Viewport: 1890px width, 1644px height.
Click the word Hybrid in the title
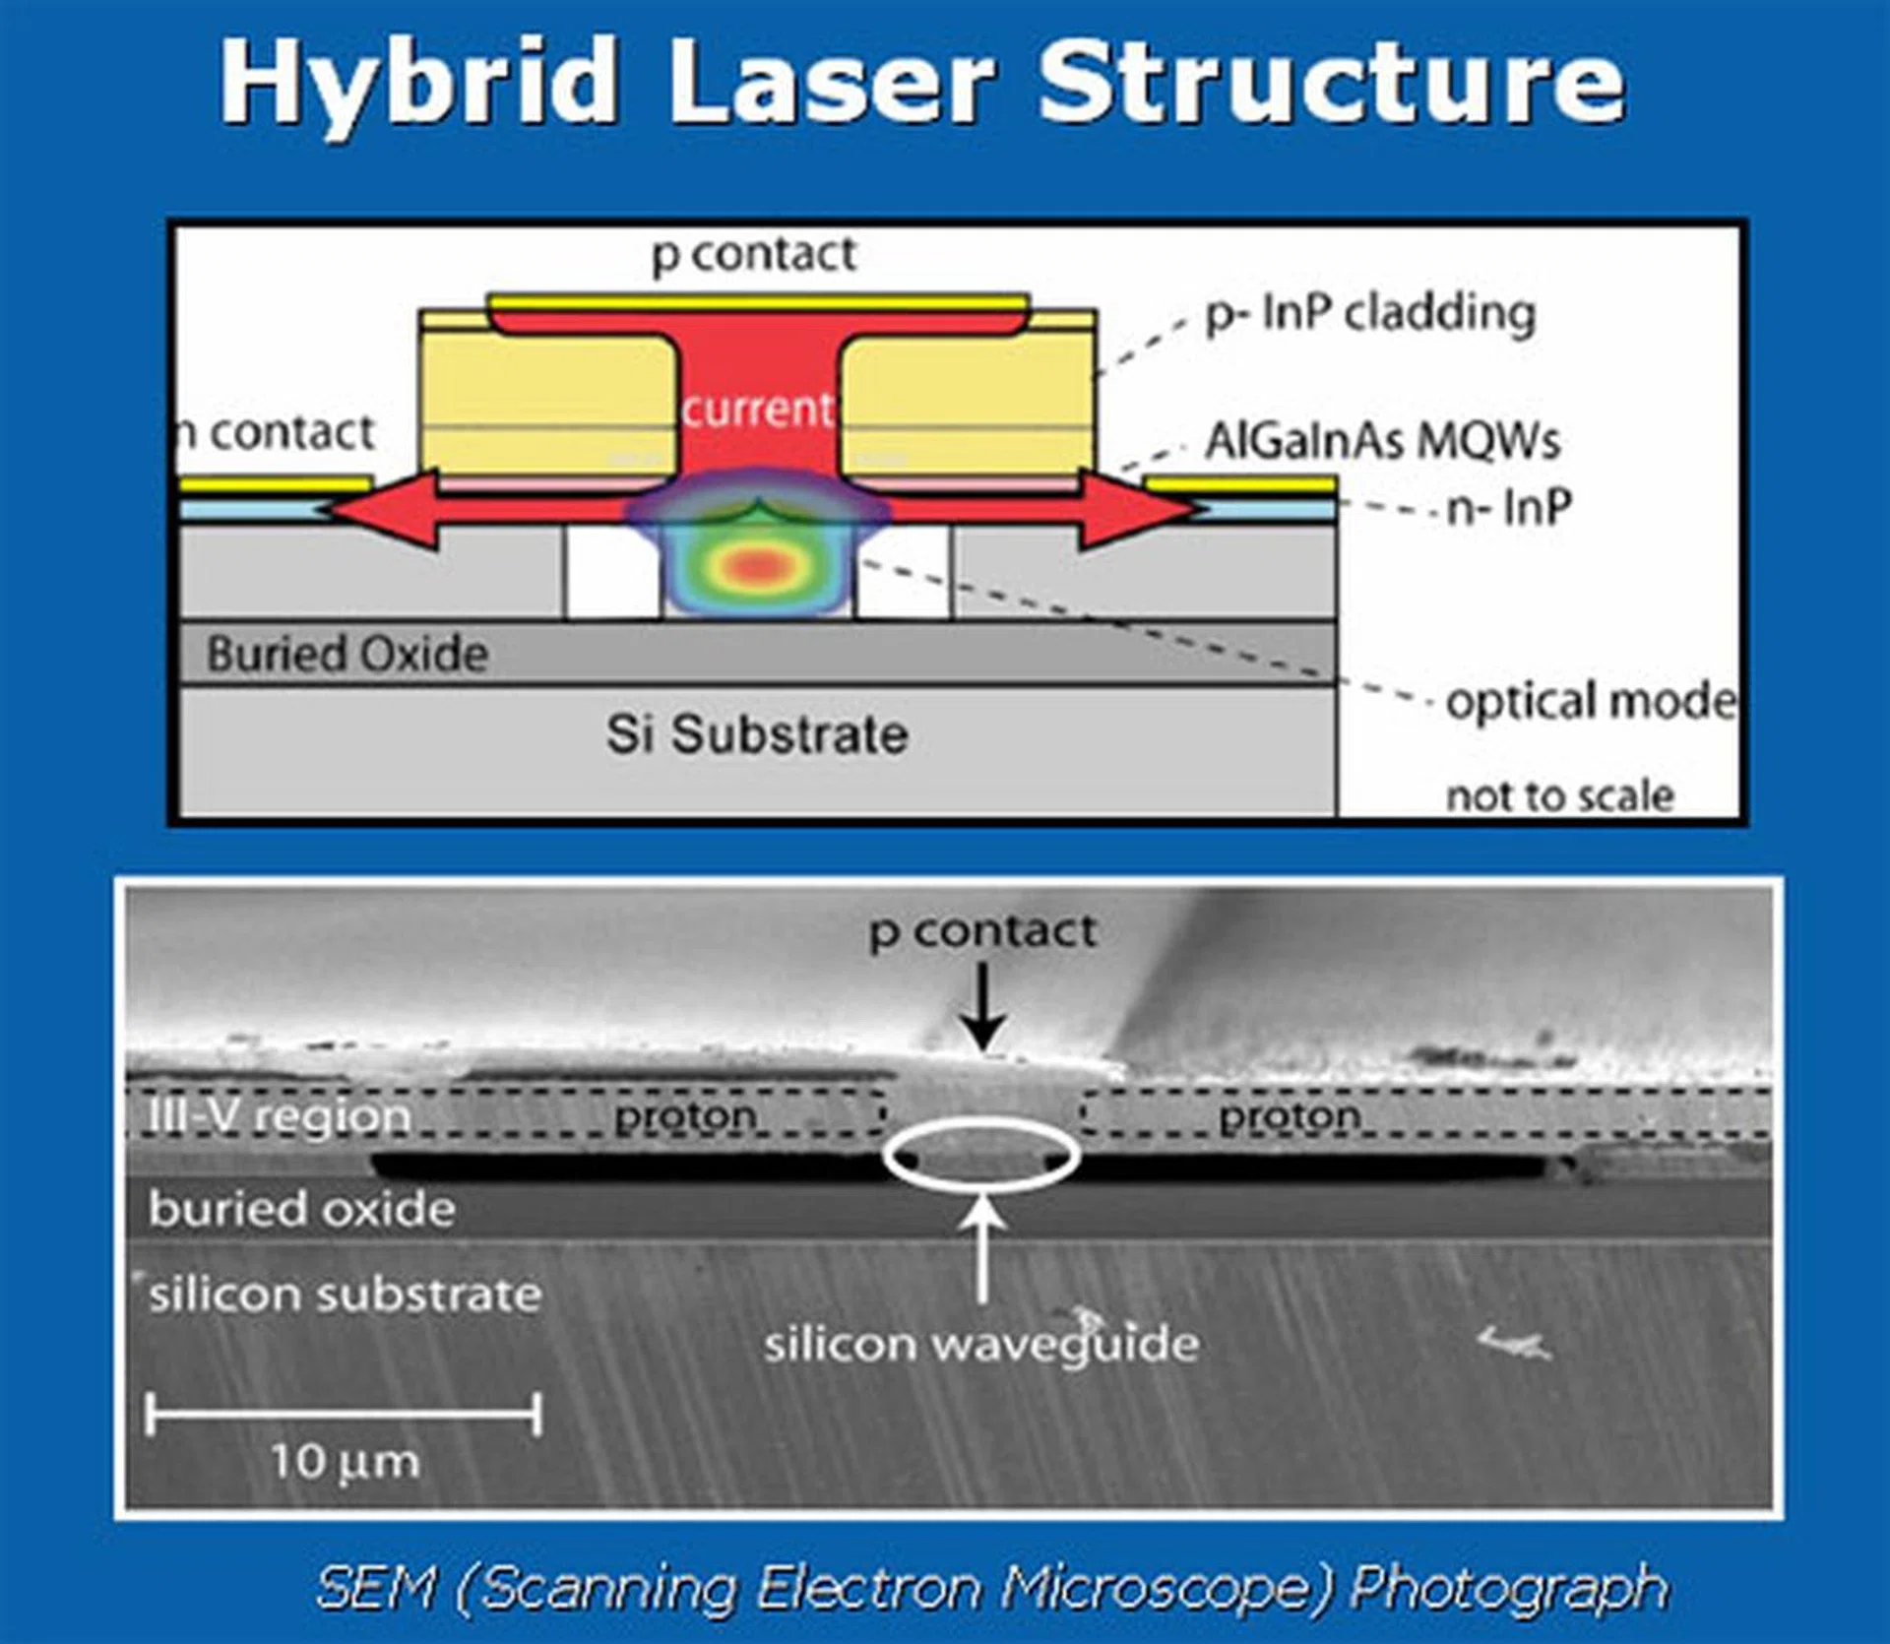pyautogui.click(x=418, y=84)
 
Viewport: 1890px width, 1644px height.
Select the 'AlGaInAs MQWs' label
pyautogui.click(x=1382, y=440)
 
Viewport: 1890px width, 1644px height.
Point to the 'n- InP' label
pyautogui.click(x=1508, y=509)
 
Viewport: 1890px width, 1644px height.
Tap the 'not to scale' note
pyautogui.click(x=1559, y=795)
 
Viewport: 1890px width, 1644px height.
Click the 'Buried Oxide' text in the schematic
pyautogui.click(x=346, y=654)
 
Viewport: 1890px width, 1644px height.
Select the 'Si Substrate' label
pyautogui.click(x=756, y=734)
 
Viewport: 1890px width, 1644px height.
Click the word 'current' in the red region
pyautogui.click(x=757, y=409)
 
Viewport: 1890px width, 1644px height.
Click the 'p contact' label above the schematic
pyautogui.click(x=754, y=254)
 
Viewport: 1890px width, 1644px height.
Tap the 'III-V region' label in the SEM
pyautogui.click(x=279, y=1116)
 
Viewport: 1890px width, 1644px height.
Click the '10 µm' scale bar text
pyautogui.click(x=345, y=1461)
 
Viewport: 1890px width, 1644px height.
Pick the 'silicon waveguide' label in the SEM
pyautogui.click(x=981, y=1343)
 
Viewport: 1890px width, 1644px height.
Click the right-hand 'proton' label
pyautogui.click(x=1290, y=1116)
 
